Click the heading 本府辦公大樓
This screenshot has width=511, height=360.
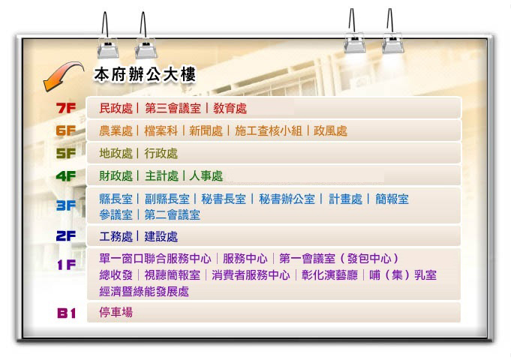[145, 75]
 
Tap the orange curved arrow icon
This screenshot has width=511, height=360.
[62, 75]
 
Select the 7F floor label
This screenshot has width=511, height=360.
[67, 108]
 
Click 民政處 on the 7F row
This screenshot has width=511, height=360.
[116, 109]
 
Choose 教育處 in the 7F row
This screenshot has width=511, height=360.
[230, 109]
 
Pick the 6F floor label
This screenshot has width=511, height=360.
[67, 130]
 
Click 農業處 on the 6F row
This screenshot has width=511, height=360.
[116, 131]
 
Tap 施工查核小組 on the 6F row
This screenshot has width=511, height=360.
[268, 131]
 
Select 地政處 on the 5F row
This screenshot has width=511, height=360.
[116, 154]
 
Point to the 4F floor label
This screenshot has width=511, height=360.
[67, 176]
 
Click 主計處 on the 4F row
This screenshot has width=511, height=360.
[161, 176]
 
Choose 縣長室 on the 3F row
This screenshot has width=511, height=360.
[116, 199]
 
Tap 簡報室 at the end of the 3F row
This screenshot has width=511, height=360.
[392, 199]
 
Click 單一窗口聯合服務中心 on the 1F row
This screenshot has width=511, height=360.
[155, 259]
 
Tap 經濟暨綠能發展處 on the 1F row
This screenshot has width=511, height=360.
[144, 292]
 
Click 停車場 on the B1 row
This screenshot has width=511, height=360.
[116, 312]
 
